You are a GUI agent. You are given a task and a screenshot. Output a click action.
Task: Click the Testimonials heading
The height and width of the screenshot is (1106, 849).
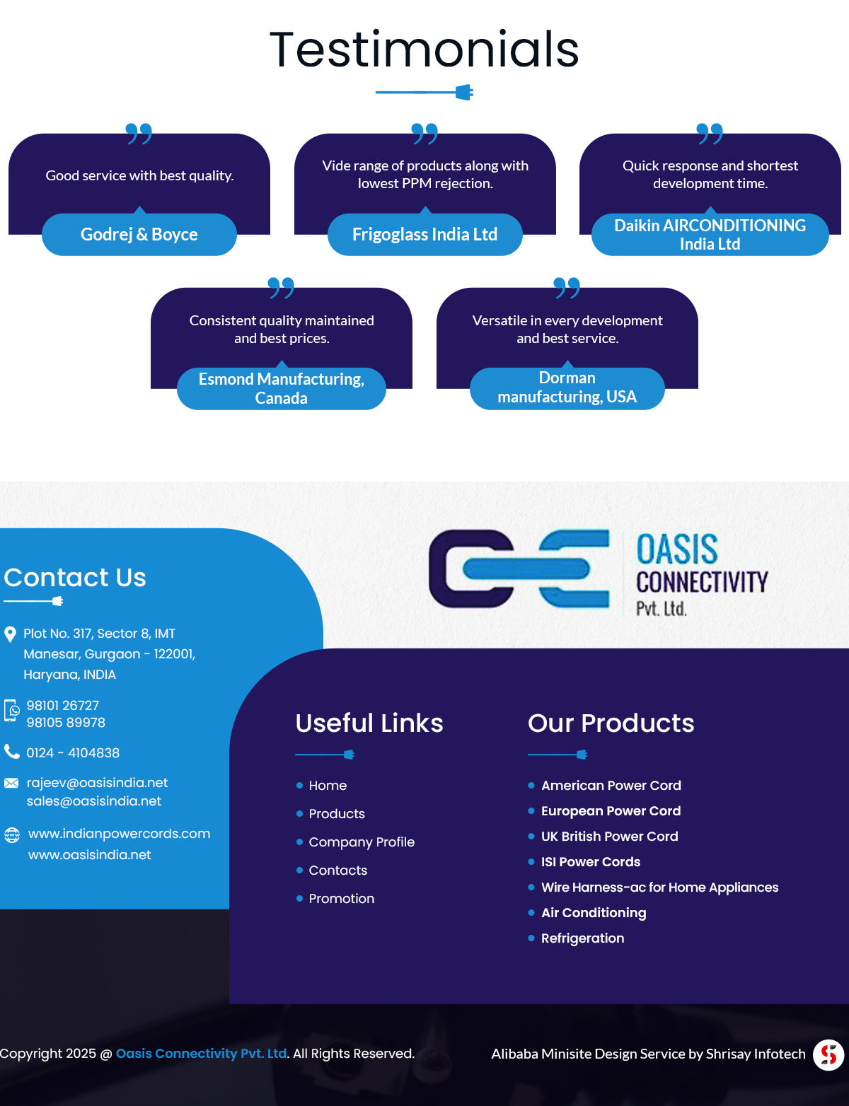click(x=424, y=50)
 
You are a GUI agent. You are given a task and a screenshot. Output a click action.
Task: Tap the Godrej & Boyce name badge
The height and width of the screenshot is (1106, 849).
click(x=139, y=234)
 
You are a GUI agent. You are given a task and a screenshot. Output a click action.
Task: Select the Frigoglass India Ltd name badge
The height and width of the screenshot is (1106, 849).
click(x=424, y=234)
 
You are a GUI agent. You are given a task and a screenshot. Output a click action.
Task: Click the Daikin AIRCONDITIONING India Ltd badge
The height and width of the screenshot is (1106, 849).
click(x=710, y=235)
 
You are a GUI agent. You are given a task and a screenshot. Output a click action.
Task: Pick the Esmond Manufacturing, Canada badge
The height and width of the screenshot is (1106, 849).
click(x=281, y=388)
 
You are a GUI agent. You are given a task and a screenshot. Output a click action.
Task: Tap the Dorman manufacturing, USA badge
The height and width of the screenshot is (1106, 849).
click(x=567, y=388)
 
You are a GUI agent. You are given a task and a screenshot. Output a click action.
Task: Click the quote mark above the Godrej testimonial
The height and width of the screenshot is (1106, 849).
click(x=139, y=133)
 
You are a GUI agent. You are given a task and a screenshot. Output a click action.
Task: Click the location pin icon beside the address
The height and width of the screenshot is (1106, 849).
click(x=11, y=634)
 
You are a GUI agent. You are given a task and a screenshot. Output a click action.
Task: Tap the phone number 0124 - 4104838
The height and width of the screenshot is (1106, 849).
click(x=73, y=753)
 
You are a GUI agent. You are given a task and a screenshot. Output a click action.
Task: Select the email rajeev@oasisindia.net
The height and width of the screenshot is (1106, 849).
click(x=97, y=783)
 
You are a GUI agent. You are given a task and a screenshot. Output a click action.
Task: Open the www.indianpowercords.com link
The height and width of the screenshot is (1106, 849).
click(x=119, y=834)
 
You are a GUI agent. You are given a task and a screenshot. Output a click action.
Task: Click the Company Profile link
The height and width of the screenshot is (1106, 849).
click(x=362, y=842)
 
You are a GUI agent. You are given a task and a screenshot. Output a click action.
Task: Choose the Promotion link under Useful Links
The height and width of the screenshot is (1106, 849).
click(x=341, y=899)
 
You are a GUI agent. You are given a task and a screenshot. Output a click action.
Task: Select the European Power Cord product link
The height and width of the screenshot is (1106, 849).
click(x=611, y=811)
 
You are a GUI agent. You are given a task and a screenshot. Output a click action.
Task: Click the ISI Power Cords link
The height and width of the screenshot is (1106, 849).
click(x=590, y=862)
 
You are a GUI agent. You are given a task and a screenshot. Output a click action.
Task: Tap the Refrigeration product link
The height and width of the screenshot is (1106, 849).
click(x=582, y=938)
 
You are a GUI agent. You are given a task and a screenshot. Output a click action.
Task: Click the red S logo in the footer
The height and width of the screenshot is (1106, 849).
click(x=828, y=1054)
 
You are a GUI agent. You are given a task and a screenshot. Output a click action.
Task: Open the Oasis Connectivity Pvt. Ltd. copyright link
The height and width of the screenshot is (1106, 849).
click(x=202, y=1054)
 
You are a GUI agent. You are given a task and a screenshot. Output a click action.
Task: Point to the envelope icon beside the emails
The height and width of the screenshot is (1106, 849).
click(x=11, y=783)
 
